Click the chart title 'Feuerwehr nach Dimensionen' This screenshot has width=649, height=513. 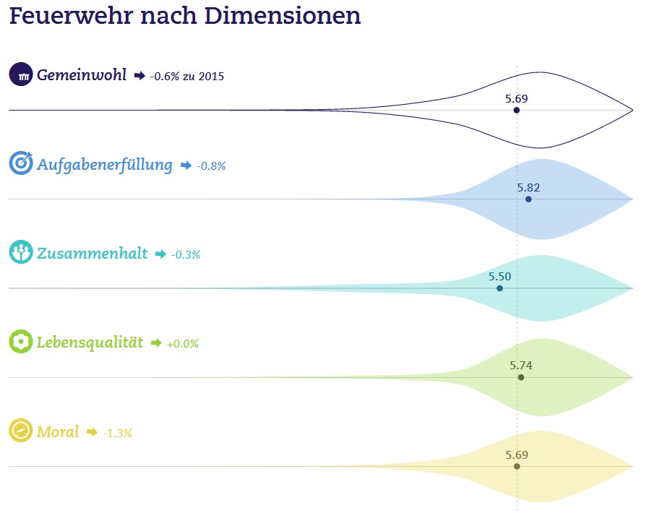(x=184, y=16)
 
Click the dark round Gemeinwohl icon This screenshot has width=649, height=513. (x=21, y=74)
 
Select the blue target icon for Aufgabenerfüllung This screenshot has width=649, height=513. (x=21, y=163)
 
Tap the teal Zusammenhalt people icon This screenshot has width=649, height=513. (x=21, y=252)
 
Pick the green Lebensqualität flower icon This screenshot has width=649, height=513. (x=21, y=342)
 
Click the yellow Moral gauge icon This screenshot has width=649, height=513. (x=21, y=431)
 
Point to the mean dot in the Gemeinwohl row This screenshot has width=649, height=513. (x=516, y=111)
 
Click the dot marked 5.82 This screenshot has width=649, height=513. (x=528, y=199)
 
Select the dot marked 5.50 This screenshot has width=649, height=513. (x=499, y=288)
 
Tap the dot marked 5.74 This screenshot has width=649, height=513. (x=520, y=377)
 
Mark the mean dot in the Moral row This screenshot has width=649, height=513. (x=516, y=467)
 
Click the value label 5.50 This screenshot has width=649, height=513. (x=499, y=276)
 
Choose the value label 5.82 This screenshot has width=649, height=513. (x=528, y=187)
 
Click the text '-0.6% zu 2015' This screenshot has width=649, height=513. (x=187, y=76)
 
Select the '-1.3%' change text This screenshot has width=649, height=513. (x=117, y=433)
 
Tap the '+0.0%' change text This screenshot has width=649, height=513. (x=182, y=344)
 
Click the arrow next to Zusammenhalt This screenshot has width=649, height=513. (x=160, y=254)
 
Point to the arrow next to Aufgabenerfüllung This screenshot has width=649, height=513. (x=186, y=165)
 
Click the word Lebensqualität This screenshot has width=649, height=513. (x=90, y=342)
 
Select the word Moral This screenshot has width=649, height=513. (x=57, y=432)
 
